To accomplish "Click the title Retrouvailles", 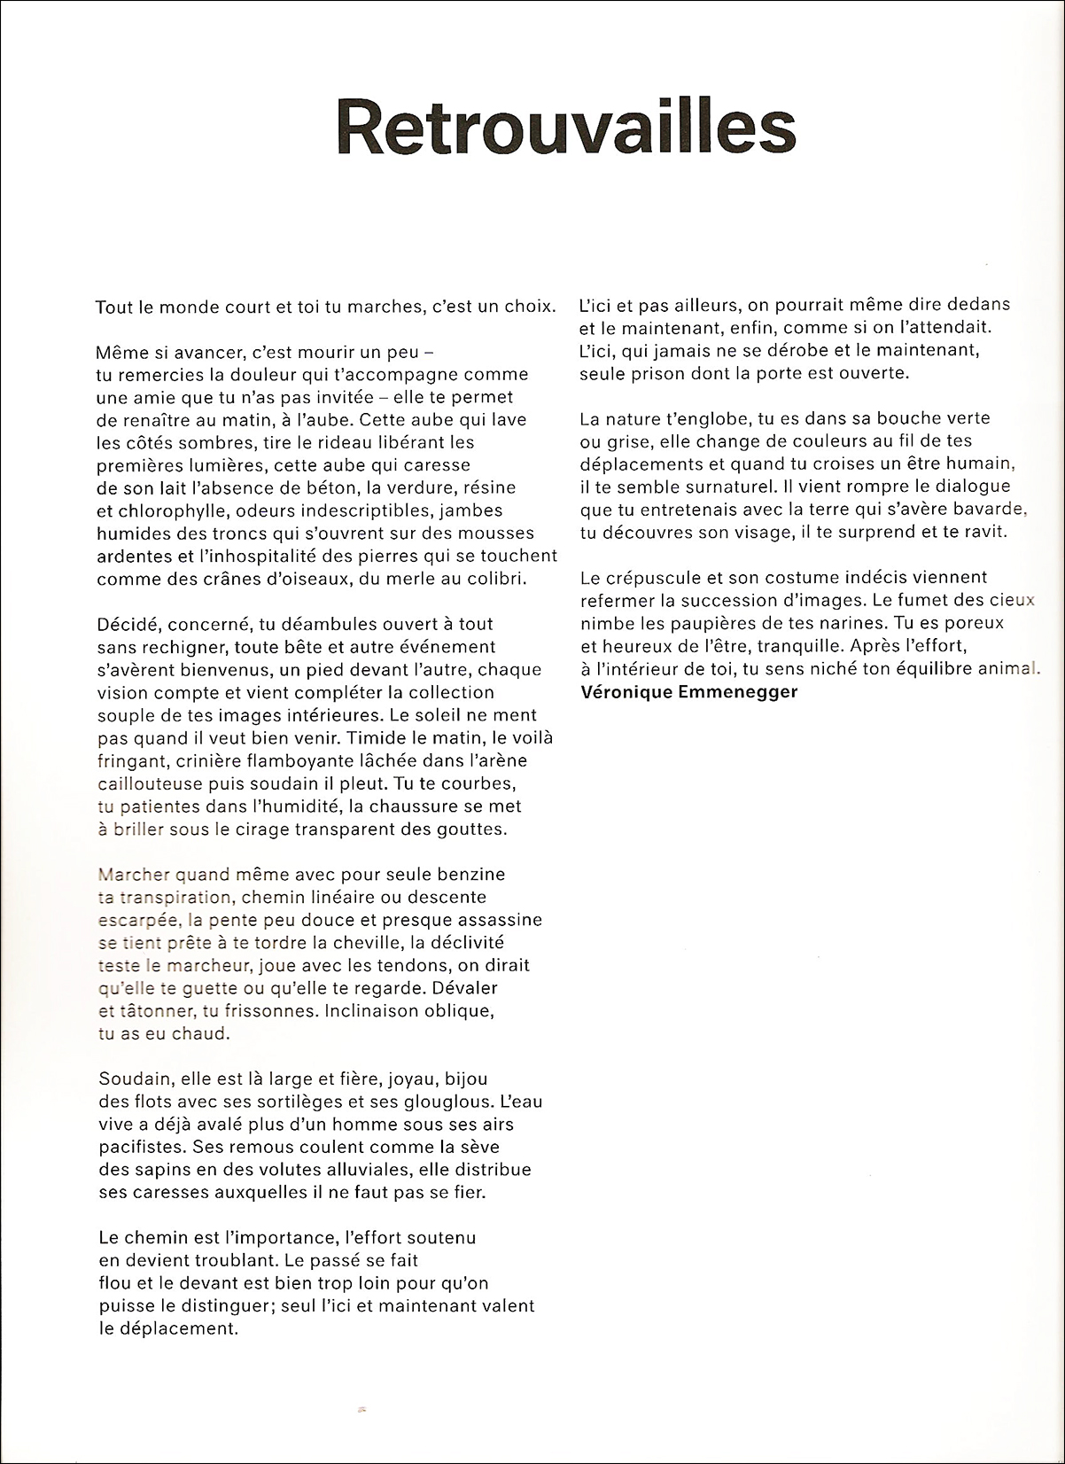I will [566, 128].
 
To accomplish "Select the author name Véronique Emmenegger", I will [688, 692].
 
